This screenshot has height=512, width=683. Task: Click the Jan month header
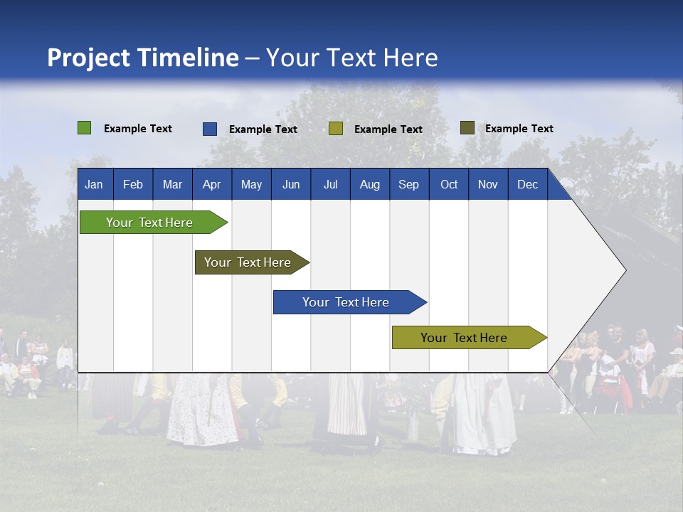click(94, 185)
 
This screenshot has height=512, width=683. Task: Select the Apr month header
click(212, 185)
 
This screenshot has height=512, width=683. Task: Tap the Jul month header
click(330, 185)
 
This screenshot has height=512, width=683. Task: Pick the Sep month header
click(408, 185)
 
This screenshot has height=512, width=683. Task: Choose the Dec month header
click(527, 185)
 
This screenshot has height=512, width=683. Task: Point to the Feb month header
click(133, 185)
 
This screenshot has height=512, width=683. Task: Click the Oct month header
click(449, 185)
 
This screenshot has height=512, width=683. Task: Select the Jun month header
click(291, 185)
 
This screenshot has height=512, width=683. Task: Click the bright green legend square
click(85, 128)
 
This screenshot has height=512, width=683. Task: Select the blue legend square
click(210, 129)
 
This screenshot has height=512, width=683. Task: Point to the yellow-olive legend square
click(336, 129)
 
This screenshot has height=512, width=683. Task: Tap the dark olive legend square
click(467, 128)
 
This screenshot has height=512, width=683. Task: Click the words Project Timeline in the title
click(142, 58)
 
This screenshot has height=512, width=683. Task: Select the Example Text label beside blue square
click(263, 129)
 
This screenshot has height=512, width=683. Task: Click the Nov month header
click(488, 185)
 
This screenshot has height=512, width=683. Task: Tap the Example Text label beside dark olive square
click(519, 129)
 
